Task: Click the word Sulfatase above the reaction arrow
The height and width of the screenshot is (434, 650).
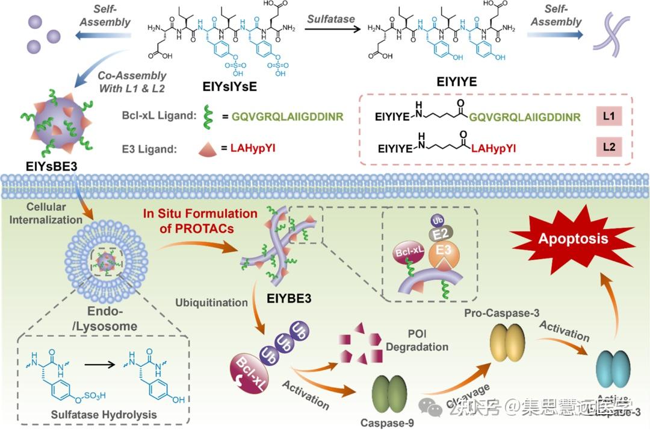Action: coord(331,19)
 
